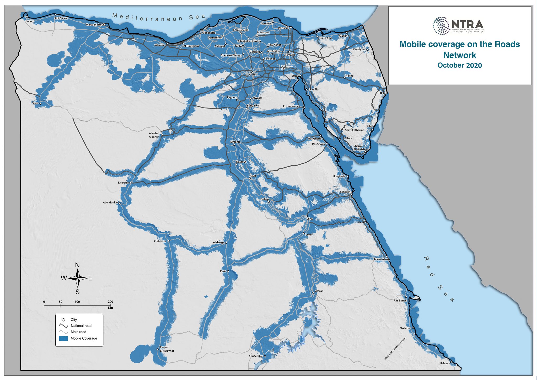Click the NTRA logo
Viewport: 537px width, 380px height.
coord(458,25)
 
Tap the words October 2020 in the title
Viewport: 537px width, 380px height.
coord(459,65)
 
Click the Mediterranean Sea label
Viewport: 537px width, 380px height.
coord(159,18)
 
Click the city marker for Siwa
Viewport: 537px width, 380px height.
coord(40,104)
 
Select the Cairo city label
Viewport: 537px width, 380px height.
coord(252,75)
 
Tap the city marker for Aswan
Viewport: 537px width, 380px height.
coord(313,293)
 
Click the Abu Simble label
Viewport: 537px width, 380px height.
coord(255,356)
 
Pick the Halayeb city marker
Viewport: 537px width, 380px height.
coord(451,362)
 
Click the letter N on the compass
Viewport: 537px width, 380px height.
coord(77,265)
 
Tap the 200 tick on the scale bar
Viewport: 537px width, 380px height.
coord(110,302)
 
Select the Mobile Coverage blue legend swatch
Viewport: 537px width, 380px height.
coord(63,339)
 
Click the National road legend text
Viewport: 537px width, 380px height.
coord(81,326)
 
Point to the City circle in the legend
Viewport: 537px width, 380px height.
coord(63,320)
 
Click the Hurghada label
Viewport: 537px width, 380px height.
coord(339,176)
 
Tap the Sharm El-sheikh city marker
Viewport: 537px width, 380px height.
coord(366,151)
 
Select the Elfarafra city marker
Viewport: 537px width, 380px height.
coord(131,183)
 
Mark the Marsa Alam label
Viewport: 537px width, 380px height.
coord(381,259)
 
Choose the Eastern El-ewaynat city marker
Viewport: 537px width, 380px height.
coord(158,349)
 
